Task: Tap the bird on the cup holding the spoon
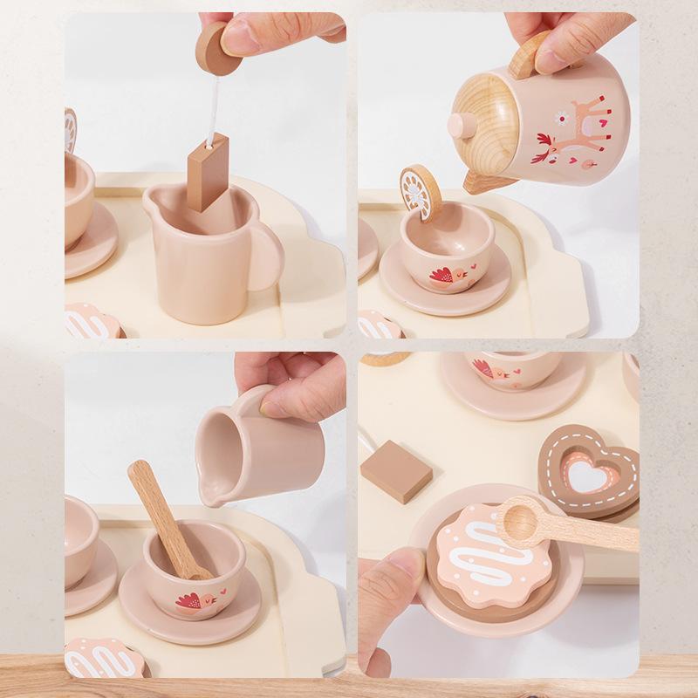tap(189, 600)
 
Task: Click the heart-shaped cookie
tap(586, 470)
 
